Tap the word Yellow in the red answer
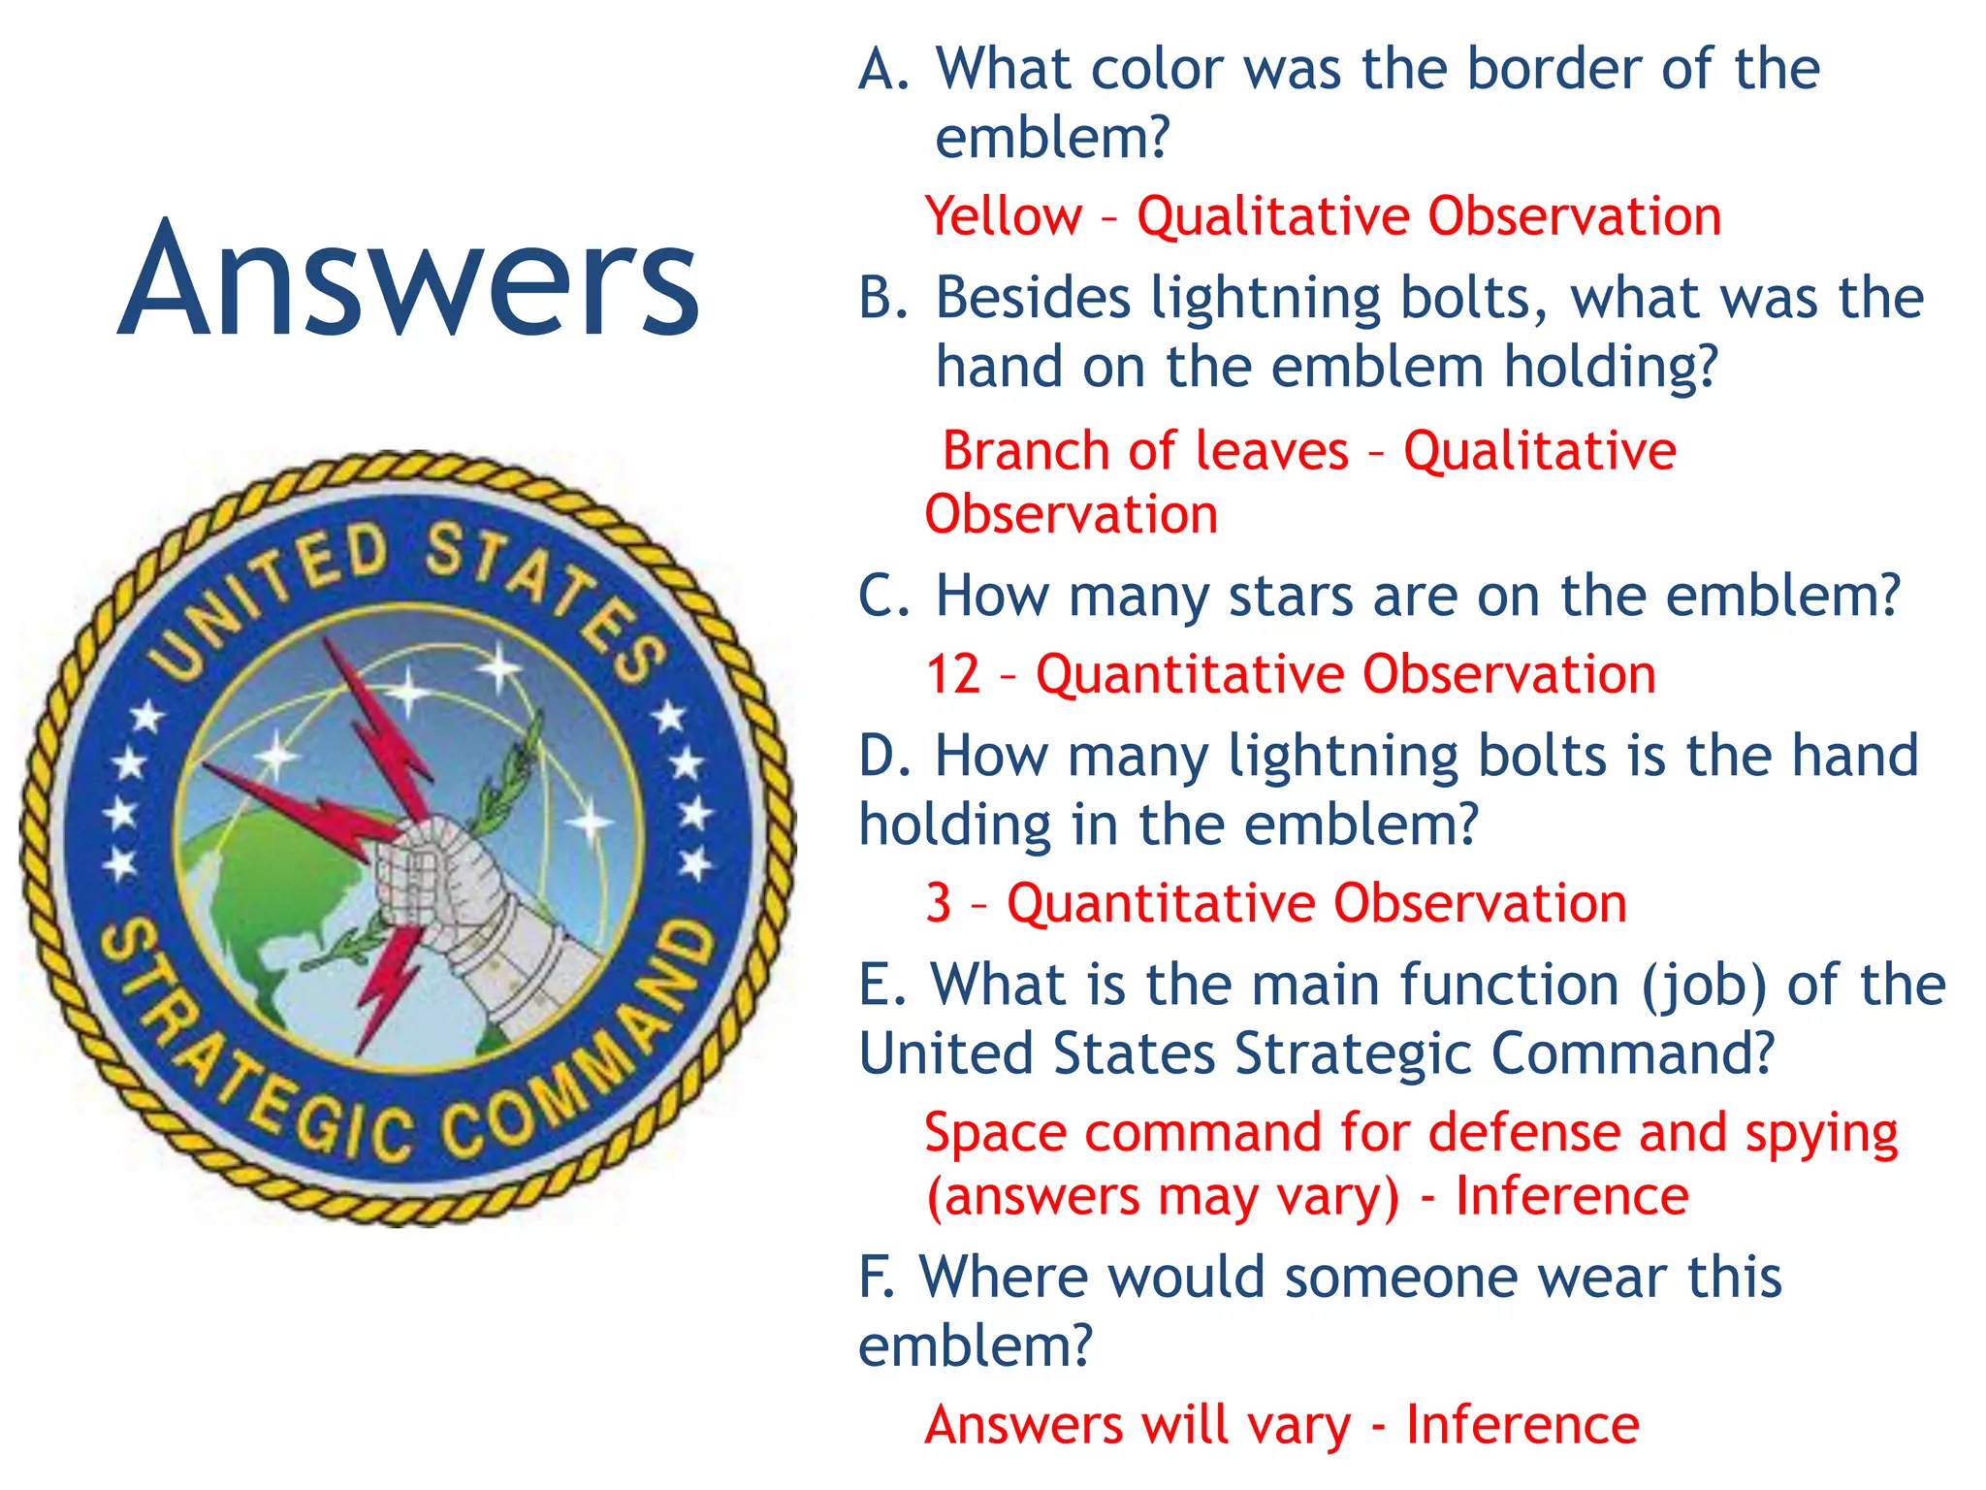[x=1003, y=216]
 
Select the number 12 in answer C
[x=952, y=674]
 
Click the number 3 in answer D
[x=938, y=903]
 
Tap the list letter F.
[x=876, y=1277]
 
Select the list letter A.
[x=882, y=70]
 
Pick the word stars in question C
[x=1290, y=596]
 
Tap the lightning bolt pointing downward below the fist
[x=388, y=980]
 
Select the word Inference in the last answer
[x=1522, y=1425]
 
